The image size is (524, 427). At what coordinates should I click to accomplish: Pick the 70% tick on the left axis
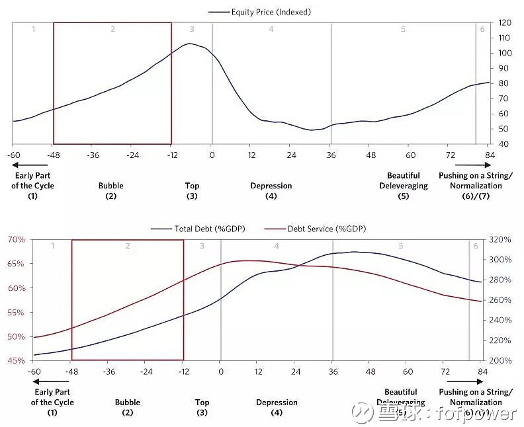tap(16, 239)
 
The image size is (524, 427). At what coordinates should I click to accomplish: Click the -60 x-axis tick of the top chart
tap(13, 155)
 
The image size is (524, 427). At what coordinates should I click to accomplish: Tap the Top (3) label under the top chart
tap(192, 190)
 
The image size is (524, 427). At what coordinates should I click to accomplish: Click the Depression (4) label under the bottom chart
tap(277, 407)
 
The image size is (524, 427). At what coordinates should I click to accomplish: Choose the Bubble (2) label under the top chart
tap(111, 190)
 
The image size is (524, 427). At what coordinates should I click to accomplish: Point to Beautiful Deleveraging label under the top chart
tap(404, 180)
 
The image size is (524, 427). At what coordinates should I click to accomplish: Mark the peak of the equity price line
tap(190, 44)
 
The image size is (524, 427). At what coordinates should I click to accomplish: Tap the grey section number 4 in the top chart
tap(271, 30)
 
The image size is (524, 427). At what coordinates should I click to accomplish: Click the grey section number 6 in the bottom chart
tap(475, 247)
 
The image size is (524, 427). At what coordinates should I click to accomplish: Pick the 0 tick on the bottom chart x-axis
tap(220, 371)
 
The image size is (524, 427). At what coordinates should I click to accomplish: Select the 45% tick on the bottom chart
tap(16, 360)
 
